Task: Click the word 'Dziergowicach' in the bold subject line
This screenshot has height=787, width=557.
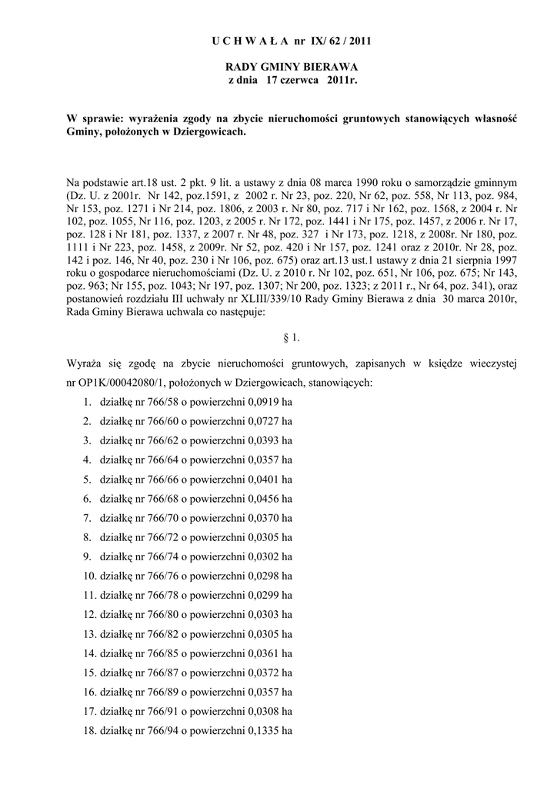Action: coord(209,132)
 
